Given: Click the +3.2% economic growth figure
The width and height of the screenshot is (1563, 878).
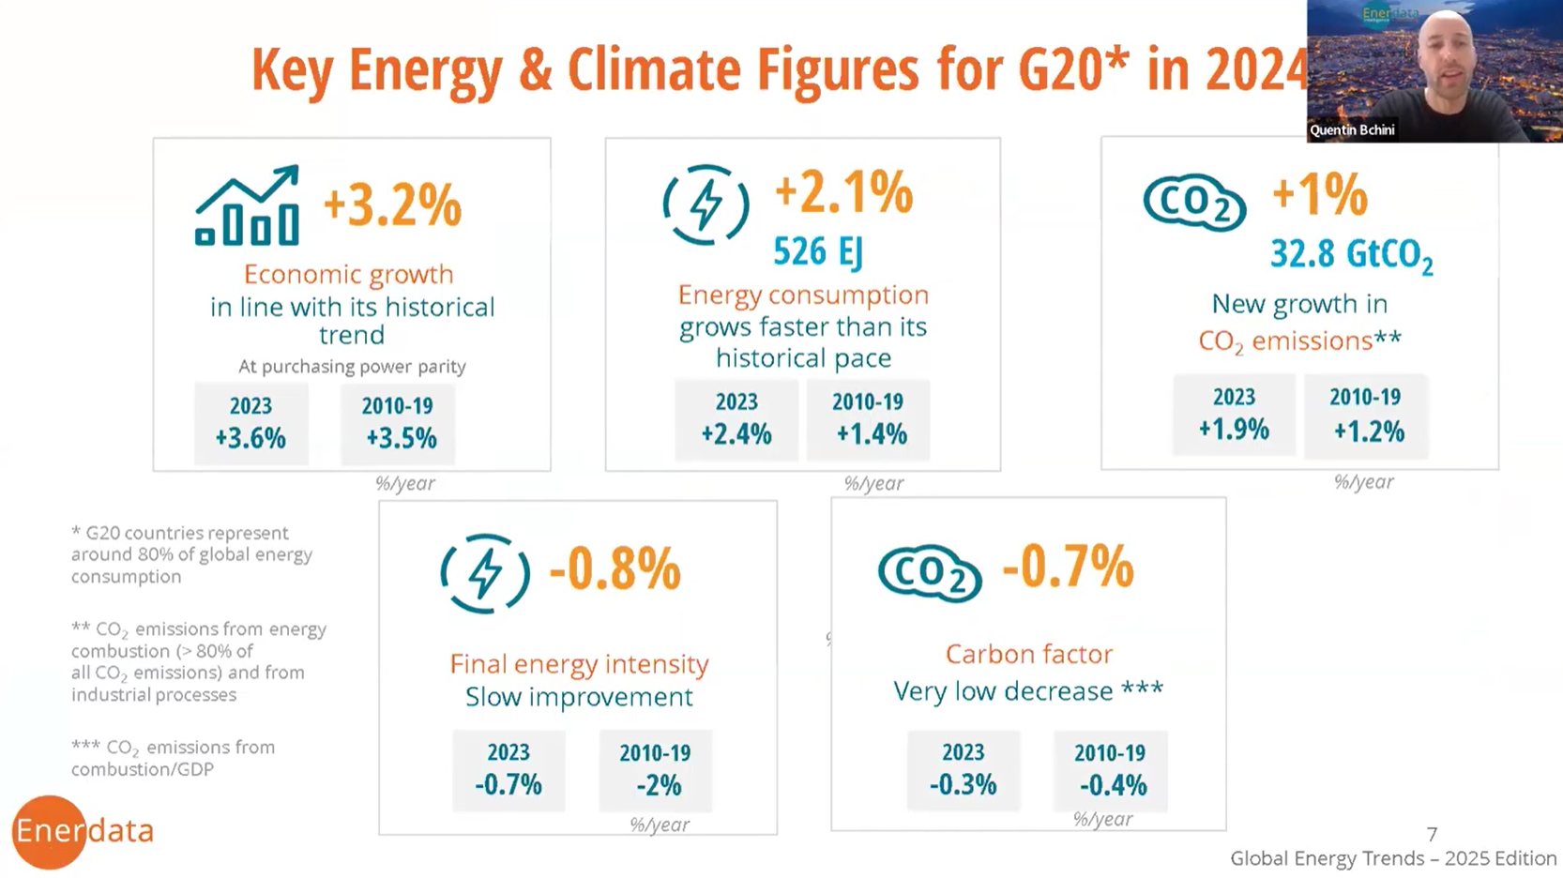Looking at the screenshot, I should tap(392, 205).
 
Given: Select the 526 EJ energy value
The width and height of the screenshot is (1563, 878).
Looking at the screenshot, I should tap(817, 251).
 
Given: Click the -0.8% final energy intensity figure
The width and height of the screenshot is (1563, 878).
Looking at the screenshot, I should tap(615, 569).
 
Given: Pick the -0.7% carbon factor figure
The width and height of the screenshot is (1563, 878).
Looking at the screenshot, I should tap(1068, 567).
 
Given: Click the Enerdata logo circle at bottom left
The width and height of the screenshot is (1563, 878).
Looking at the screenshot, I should tap(49, 831).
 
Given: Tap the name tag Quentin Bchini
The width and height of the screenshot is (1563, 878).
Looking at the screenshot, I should tap(1352, 130).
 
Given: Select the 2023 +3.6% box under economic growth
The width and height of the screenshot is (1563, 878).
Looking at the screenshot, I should tap(250, 423).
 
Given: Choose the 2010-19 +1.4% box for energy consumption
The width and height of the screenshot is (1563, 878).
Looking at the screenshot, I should tap(869, 419).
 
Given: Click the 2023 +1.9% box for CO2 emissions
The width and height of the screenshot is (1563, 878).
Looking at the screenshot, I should tap(1234, 415).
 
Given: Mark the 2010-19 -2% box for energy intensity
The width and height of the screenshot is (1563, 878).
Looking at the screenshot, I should tap(655, 770).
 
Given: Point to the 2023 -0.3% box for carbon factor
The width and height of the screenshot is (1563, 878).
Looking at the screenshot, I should tap(964, 769).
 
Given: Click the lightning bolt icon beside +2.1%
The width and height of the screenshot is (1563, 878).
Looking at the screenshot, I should tap(706, 204).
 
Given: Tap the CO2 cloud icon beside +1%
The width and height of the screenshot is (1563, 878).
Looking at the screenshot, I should tap(1194, 202).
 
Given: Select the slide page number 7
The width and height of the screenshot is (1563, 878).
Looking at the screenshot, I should tap(1432, 834).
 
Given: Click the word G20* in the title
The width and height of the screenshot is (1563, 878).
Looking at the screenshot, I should tap(1072, 69).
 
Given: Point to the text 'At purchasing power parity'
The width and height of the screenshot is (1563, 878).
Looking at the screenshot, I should tap(352, 367).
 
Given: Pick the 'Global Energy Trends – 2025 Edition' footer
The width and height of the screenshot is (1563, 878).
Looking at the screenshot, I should tap(1393, 858).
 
